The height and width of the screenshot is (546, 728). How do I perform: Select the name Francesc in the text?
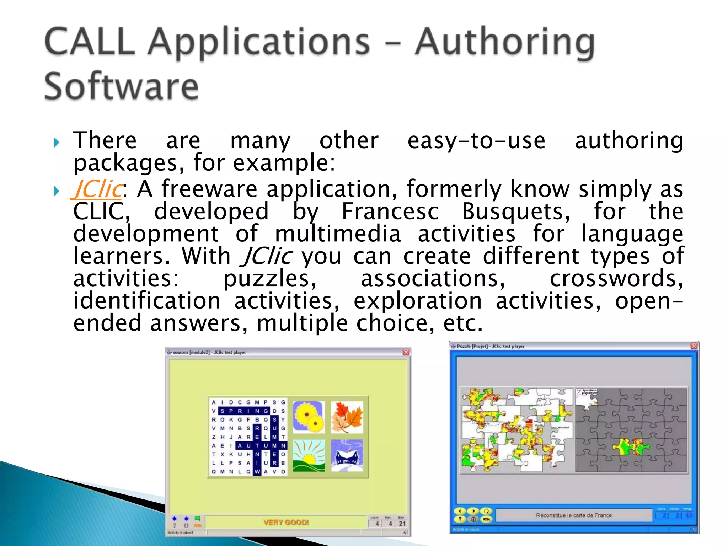tap(390, 211)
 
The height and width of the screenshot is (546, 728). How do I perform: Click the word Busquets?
tap(515, 211)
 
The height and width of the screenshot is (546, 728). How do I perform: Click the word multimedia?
tap(338, 234)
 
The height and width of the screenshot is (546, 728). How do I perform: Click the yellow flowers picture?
tap(309, 417)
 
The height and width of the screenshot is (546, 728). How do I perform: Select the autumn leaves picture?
tap(347, 417)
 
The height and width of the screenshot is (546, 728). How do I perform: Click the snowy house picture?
tap(347, 455)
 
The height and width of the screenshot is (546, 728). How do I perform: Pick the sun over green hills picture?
tap(309, 455)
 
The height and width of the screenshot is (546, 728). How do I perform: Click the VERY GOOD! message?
tap(286, 522)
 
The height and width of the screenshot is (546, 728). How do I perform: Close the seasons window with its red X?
tap(406, 352)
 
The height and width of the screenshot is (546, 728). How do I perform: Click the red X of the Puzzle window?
tap(694, 346)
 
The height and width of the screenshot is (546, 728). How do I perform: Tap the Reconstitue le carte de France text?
tap(574, 515)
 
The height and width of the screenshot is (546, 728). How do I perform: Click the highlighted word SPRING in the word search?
tap(243, 411)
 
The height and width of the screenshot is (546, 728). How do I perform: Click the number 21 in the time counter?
tap(402, 523)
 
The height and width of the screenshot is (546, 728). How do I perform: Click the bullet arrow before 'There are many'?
tap(56, 143)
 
